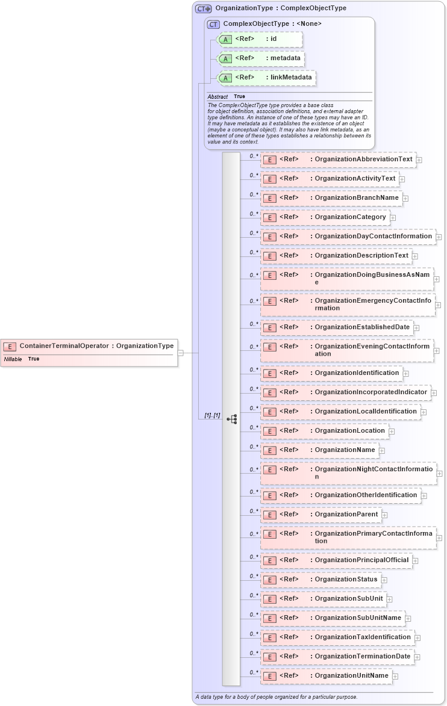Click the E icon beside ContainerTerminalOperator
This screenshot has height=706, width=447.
[10, 346]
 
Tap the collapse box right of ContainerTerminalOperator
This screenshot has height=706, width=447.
[180, 353]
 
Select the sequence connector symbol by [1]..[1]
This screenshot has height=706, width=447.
[232, 419]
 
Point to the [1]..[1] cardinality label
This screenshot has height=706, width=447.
[211, 416]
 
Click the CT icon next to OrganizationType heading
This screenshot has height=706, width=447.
[203, 9]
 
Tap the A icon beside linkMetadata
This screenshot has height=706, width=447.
[225, 78]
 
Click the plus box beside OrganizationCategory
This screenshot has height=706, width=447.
[393, 217]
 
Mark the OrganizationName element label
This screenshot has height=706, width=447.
[345, 450]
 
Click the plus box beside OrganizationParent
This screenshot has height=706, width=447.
[384, 515]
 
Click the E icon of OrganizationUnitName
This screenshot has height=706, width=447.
[270, 676]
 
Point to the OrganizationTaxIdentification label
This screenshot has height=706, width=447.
[362, 637]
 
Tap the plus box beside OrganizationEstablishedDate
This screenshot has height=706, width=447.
[416, 327]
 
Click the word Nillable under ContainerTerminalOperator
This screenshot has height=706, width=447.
[13, 359]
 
